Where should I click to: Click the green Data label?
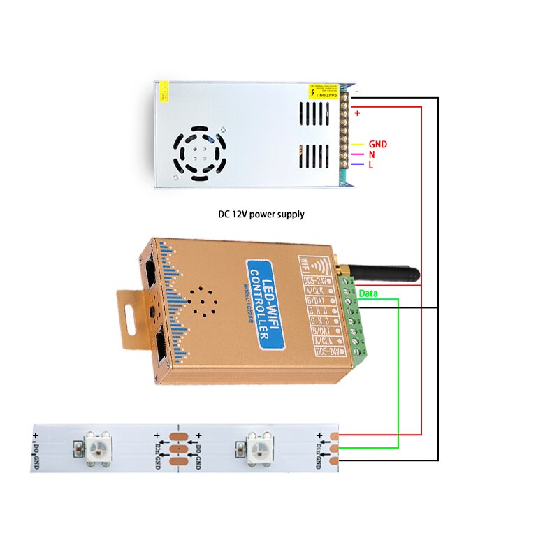[x=368, y=294]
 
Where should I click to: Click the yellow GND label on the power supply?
[x=377, y=145]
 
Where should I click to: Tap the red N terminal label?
[x=372, y=154]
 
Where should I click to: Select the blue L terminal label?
[x=371, y=164]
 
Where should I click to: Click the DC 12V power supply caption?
[x=261, y=215]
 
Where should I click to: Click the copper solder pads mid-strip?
[x=177, y=447]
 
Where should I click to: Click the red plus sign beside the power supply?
[x=357, y=113]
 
